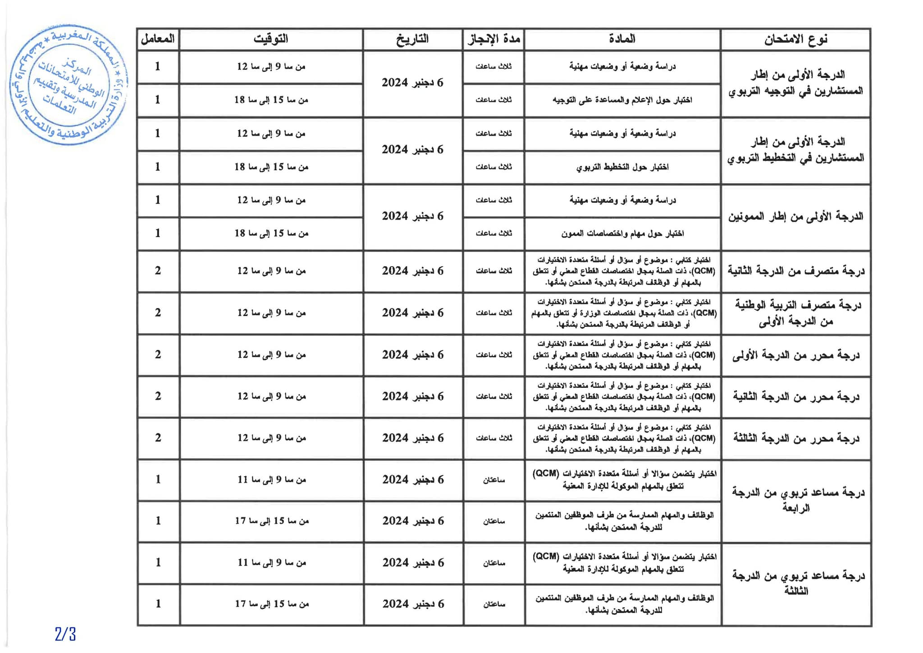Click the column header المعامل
(158, 39)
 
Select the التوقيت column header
(270, 39)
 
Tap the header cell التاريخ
(412, 39)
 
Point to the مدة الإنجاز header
(493, 39)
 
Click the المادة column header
(622, 39)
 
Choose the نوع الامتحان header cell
(795, 39)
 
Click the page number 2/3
(65, 635)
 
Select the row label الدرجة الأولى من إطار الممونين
(795, 217)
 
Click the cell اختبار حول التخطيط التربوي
(622, 167)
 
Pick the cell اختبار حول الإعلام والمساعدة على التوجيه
(622, 100)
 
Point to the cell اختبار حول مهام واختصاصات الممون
(622, 234)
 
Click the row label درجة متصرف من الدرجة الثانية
(795, 271)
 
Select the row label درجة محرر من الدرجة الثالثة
(795, 438)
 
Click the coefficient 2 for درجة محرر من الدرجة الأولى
(158, 355)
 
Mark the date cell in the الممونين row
(412, 216)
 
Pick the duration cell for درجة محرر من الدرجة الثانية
(493, 397)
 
